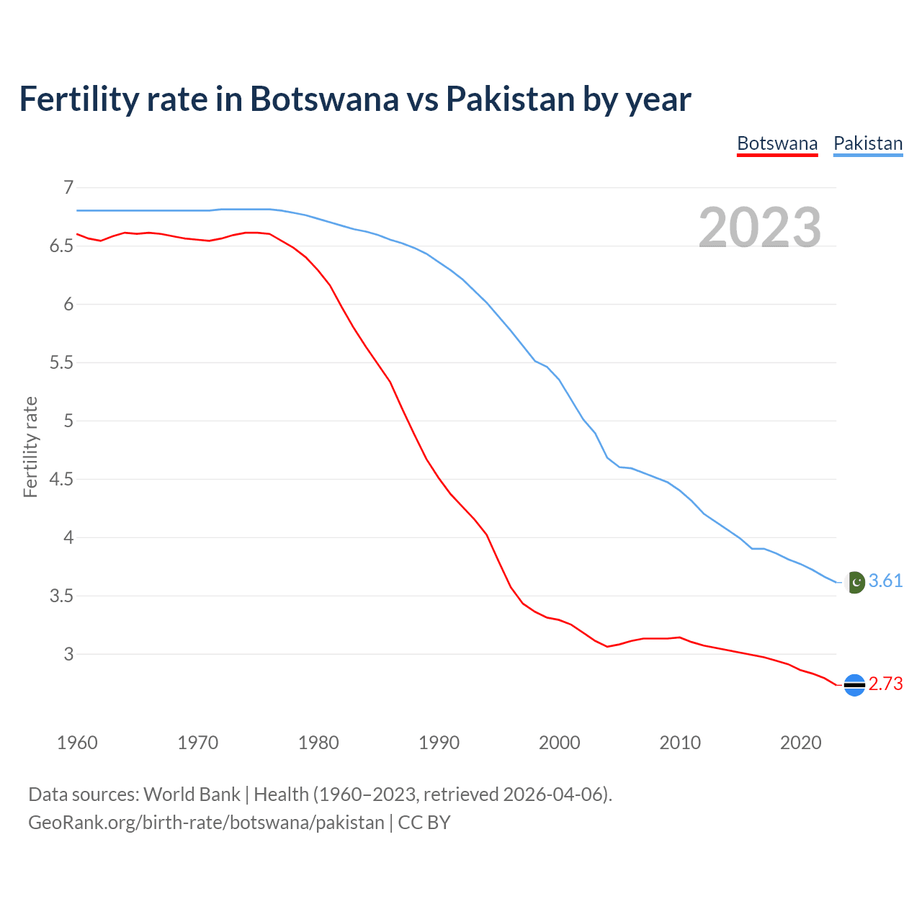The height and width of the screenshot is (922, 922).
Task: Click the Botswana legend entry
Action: pyautogui.click(x=777, y=143)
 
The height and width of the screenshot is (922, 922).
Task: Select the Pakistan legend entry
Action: pyautogui.click(x=868, y=143)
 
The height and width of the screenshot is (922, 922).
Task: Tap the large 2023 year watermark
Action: pyautogui.click(x=760, y=228)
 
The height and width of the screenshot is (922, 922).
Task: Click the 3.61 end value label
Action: pyautogui.click(x=885, y=581)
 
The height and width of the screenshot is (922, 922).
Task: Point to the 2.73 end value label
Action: pyautogui.click(x=885, y=684)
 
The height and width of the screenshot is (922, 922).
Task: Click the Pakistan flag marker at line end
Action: pyautogui.click(x=855, y=582)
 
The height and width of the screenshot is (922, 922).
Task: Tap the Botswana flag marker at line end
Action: pyautogui.click(x=854, y=685)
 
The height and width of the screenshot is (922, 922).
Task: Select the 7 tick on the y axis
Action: pyautogui.click(x=68, y=188)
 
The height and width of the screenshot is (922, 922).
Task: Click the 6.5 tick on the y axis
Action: pyautogui.click(x=61, y=246)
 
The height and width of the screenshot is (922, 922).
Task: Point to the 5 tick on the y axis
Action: pyautogui.click(x=68, y=421)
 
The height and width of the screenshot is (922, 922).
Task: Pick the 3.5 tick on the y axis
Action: pyautogui.click(x=61, y=596)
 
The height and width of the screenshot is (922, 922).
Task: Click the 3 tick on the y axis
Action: pyautogui.click(x=68, y=654)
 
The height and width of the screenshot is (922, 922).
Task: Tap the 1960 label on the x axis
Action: pyautogui.click(x=77, y=743)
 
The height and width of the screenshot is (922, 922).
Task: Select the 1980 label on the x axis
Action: pyautogui.click(x=318, y=743)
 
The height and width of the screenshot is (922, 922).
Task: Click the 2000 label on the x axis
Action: pyautogui.click(x=560, y=743)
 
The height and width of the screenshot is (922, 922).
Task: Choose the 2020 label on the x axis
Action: pyautogui.click(x=800, y=743)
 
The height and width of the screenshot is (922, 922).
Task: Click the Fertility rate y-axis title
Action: pyautogui.click(x=30, y=447)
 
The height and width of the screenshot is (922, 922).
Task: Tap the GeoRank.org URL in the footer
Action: pyautogui.click(x=206, y=823)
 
